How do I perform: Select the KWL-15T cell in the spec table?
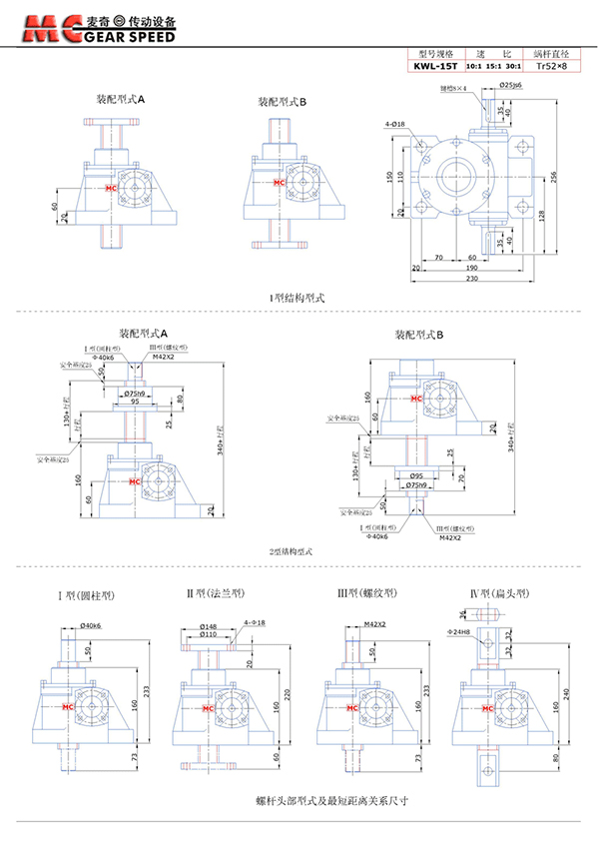(436, 67)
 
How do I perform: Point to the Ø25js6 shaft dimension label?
(509, 87)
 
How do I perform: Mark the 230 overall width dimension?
(470, 279)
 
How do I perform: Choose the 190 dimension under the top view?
(470, 267)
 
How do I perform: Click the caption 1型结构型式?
(298, 297)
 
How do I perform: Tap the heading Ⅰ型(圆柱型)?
(85, 595)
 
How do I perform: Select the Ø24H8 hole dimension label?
(462, 632)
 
